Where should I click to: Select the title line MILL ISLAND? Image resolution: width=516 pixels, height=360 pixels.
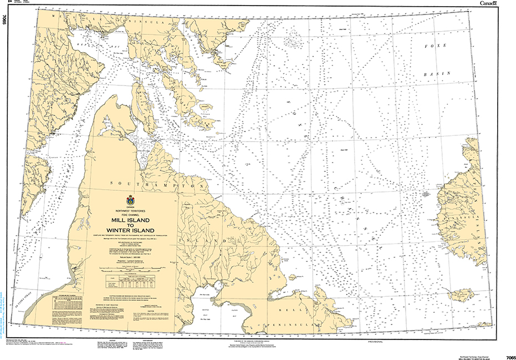tap(130, 220)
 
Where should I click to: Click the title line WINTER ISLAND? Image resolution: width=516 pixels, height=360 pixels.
tap(130, 230)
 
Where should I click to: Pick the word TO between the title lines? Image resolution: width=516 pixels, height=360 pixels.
tap(130, 225)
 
